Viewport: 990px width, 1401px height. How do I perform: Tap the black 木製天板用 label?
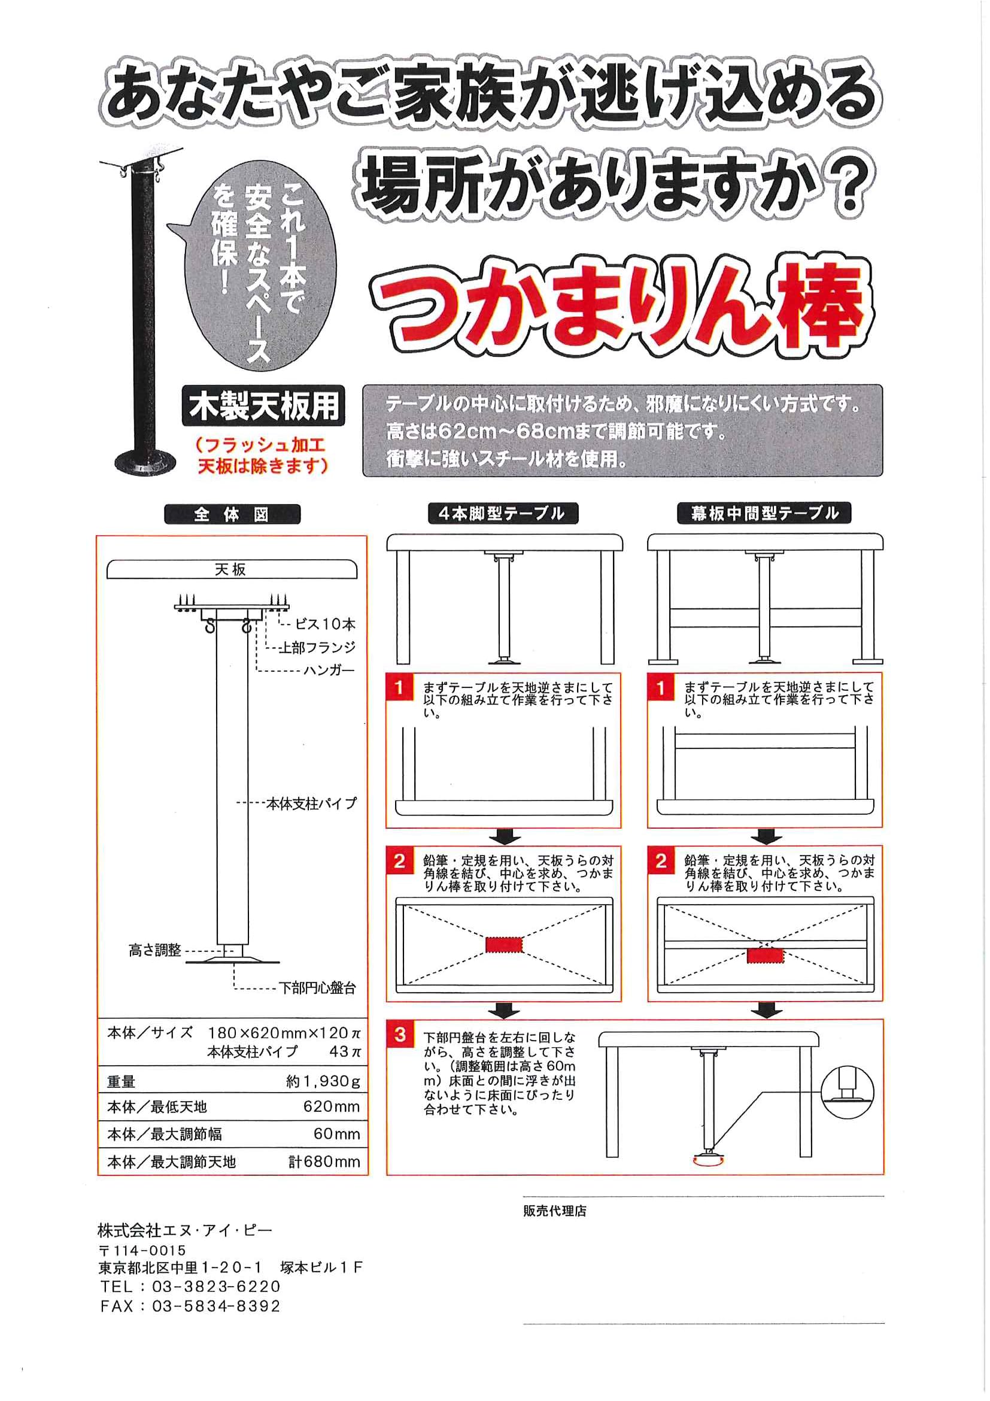coord(263,406)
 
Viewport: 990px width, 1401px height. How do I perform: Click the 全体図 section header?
coord(232,514)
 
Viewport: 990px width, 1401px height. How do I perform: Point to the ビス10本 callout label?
coord(324,624)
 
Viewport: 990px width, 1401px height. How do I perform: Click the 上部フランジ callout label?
coord(317,647)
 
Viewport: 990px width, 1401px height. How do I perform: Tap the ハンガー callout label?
coord(329,670)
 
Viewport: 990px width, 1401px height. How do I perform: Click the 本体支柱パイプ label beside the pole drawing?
coord(311,803)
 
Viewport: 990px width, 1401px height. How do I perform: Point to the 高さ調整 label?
coord(155,950)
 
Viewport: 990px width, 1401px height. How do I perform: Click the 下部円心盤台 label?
coord(317,988)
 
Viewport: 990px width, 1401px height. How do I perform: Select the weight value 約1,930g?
coord(323,1081)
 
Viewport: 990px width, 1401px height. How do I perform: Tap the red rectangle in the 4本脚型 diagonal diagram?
coord(504,944)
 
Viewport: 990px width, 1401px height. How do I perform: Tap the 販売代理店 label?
coord(554,1211)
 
